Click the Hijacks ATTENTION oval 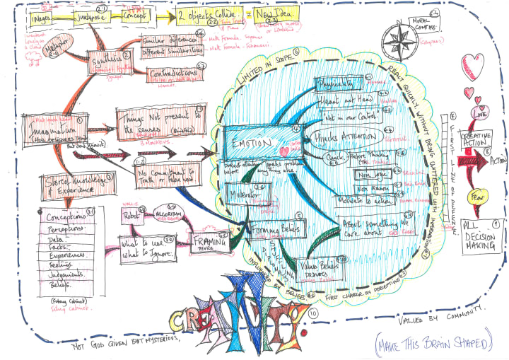click(x=344, y=134)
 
